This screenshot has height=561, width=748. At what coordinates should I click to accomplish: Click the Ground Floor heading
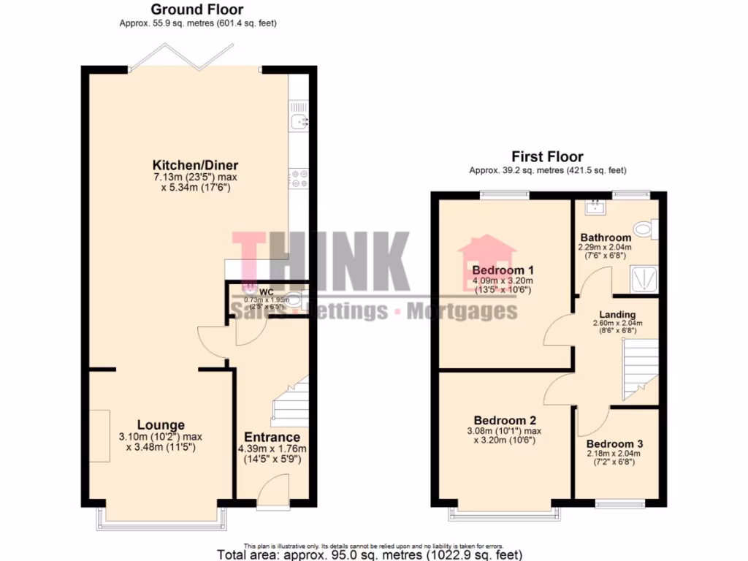coord(197,9)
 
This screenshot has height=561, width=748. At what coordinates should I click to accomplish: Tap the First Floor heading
coord(547,156)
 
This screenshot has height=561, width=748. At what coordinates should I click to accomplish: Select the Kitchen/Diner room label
coord(195,164)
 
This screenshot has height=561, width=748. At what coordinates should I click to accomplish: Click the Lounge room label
coord(161,425)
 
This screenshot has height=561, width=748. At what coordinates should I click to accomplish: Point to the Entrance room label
coord(271,437)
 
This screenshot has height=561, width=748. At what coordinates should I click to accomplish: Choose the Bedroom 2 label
coord(505,421)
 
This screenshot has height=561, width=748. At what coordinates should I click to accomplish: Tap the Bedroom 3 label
coord(614,444)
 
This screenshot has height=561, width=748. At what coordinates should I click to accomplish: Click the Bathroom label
coord(606,237)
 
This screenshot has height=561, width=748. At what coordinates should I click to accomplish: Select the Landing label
coord(617,315)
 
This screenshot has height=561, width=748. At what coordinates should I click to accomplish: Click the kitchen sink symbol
coord(299,122)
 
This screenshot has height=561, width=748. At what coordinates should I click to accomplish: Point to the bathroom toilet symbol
coord(645,229)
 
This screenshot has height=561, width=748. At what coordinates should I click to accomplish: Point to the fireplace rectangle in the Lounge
coord(100,435)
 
